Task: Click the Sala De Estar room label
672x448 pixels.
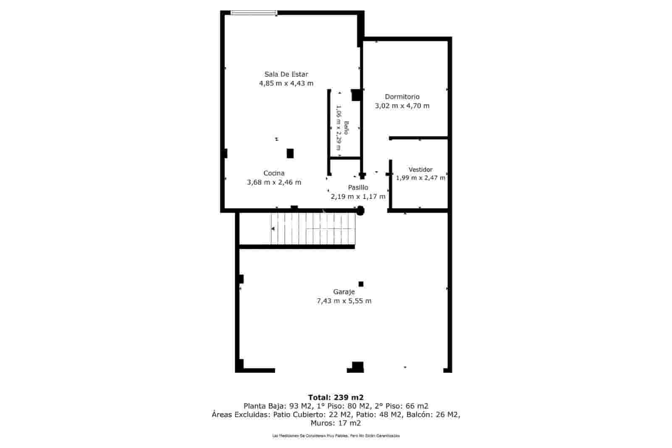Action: click(286, 74)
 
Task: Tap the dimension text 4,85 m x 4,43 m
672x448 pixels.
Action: click(286, 83)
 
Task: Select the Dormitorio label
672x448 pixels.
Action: click(402, 97)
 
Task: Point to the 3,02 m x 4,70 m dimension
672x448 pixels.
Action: click(402, 106)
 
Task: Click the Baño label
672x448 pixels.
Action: click(346, 128)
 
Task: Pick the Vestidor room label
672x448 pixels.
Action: click(420, 170)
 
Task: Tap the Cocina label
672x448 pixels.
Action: click(274, 173)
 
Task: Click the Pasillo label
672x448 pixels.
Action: click(358, 187)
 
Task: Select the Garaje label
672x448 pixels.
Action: click(344, 292)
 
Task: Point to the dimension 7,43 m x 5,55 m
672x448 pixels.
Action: click(344, 301)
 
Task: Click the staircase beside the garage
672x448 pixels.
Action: click(312, 229)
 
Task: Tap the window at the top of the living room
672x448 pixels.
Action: click(254, 13)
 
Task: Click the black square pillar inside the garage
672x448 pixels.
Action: click(361, 284)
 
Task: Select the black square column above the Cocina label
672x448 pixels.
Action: click(290, 153)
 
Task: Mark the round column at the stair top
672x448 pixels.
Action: click(360, 211)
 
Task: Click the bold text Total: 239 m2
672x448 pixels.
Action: click(336, 397)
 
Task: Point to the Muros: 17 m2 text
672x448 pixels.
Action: click(336, 423)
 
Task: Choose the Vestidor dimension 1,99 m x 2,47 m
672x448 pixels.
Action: click(420, 178)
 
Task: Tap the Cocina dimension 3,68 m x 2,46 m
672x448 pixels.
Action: click(274, 182)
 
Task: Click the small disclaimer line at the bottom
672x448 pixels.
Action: click(336, 436)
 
